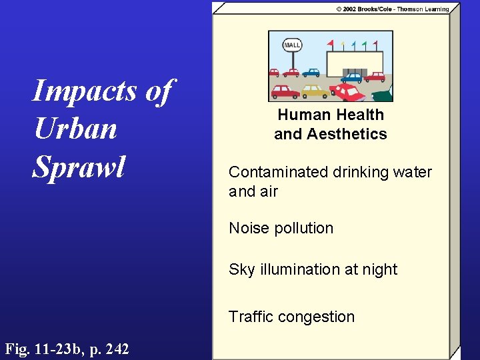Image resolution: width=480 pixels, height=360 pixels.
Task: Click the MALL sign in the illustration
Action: pos(292,45)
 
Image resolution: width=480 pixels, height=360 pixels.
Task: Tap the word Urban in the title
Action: pos(75,129)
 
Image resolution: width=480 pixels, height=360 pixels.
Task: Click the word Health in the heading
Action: pos(359,115)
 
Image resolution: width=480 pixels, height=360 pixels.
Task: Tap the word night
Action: pos(379,269)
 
